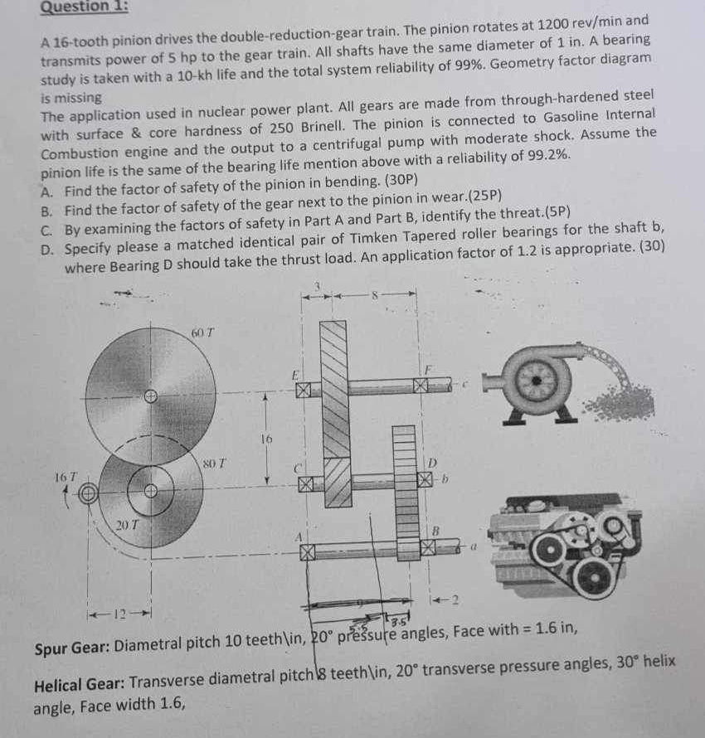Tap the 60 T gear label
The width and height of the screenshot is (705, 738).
(202, 332)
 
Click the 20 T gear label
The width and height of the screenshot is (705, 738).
(124, 524)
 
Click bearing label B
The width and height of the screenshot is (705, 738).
(434, 528)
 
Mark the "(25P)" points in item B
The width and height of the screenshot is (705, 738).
(484, 196)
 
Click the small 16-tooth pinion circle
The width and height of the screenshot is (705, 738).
(89, 494)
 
